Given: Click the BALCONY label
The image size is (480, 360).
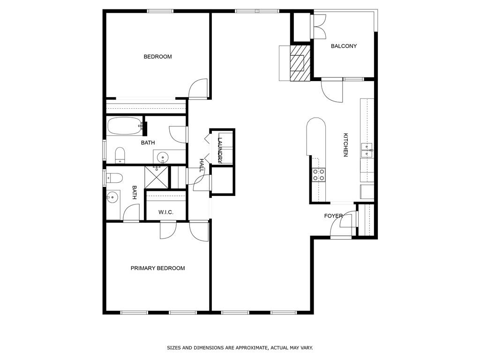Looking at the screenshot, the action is (344, 46).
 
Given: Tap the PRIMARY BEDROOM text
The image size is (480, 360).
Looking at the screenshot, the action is (157, 268).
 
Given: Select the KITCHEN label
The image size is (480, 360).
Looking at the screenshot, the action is (345, 145).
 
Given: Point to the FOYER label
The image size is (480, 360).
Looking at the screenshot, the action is (333, 216).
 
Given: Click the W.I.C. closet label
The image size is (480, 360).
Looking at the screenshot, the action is (166, 212).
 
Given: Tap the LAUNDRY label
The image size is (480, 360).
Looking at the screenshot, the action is (220, 150).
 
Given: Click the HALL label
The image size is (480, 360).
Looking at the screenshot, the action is (202, 165).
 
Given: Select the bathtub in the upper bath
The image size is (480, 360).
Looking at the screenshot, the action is (125, 126).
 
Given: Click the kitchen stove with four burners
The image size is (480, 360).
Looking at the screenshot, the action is (319, 175).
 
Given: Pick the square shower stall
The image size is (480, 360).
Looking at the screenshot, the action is (157, 177).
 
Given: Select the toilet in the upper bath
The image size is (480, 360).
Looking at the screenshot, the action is (120, 155).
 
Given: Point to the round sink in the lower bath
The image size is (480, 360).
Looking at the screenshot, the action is (112, 197).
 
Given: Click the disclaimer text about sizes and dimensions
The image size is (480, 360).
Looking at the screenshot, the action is (240, 348).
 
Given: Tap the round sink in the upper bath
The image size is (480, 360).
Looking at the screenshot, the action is (162, 157).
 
